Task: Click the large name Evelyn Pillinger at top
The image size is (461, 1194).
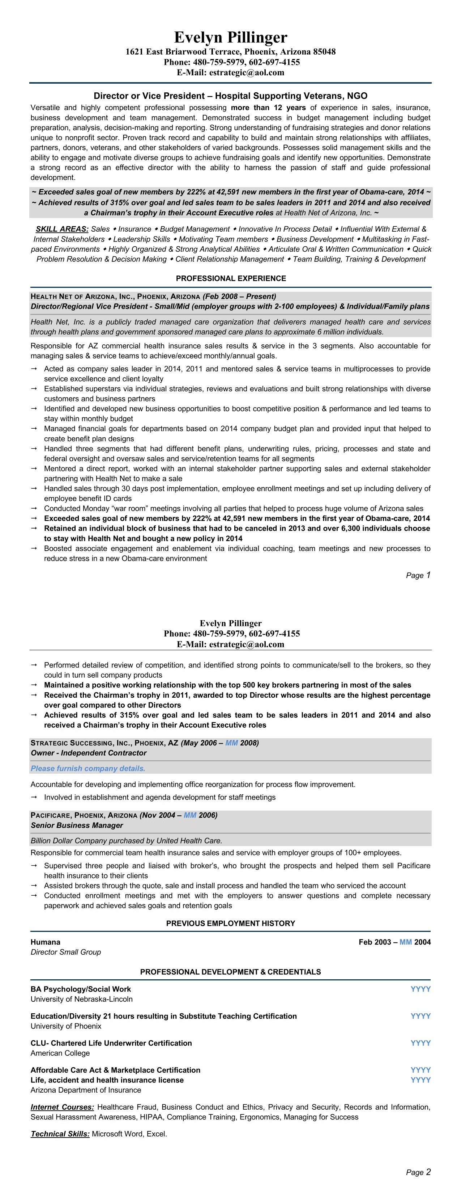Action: click(x=231, y=37)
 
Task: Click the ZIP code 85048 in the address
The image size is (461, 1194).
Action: click(x=325, y=52)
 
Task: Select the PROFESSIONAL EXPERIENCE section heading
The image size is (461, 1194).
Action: click(x=231, y=278)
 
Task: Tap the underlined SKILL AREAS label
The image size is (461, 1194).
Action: click(x=62, y=229)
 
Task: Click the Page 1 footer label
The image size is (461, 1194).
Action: click(x=418, y=575)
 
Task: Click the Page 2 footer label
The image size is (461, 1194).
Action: click(x=418, y=1172)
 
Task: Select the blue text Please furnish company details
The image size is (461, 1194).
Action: click(x=88, y=769)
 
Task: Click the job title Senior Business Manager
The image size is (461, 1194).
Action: click(x=77, y=825)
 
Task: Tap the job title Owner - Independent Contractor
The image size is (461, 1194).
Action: click(x=89, y=753)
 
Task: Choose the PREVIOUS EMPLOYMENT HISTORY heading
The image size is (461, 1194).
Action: click(x=231, y=923)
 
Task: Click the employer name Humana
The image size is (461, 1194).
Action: click(x=45, y=942)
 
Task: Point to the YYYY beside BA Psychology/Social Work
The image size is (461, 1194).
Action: click(x=420, y=989)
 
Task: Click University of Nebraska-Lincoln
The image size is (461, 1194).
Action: click(x=81, y=999)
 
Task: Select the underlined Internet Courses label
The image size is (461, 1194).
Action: click(x=62, y=1107)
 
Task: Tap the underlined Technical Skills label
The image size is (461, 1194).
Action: click(x=60, y=1134)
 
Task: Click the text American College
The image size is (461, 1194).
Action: click(x=60, y=1053)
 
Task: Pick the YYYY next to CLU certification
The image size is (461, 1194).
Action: click(x=420, y=1043)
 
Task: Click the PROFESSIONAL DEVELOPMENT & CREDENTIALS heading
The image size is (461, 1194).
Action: click(x=231, y=971)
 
